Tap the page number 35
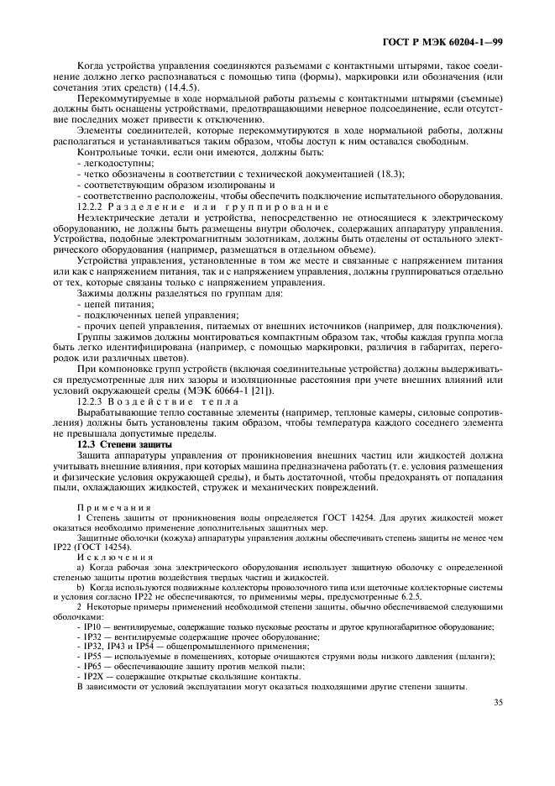coord(498,702)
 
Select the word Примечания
coord(114,506)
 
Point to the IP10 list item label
coord(92,626)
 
